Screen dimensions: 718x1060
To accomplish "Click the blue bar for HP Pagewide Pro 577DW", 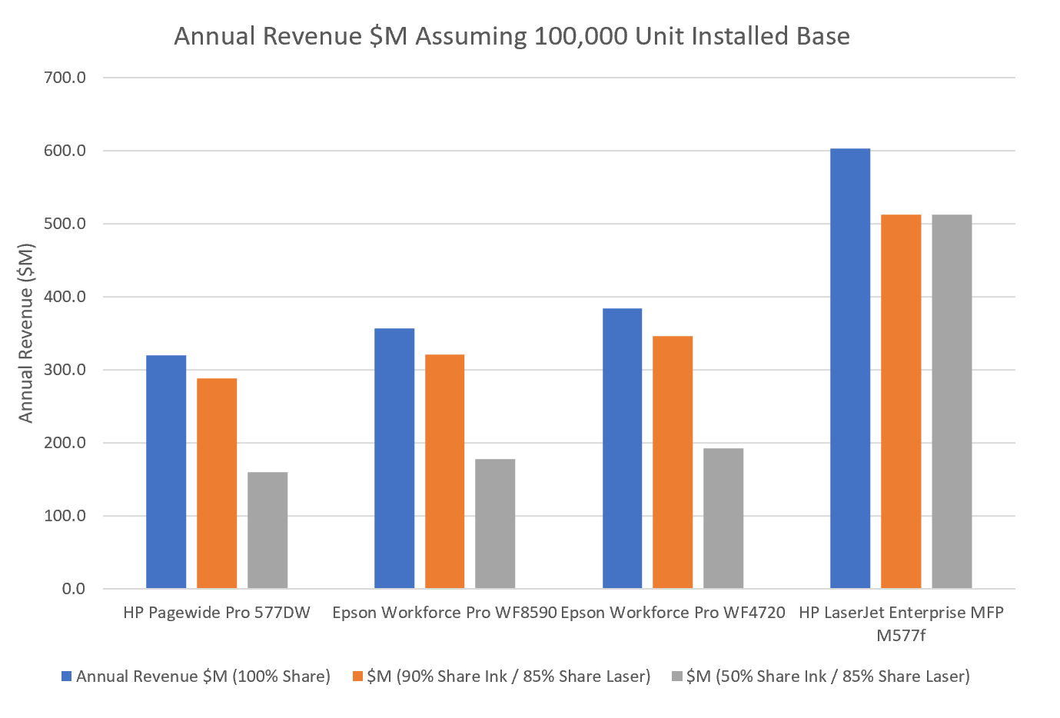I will coord(166,472).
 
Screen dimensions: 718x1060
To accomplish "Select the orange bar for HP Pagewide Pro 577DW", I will coord(217,484).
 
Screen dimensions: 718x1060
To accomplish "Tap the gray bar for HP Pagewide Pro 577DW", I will coord(267,530).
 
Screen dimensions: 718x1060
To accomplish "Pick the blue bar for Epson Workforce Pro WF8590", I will coord(394,458).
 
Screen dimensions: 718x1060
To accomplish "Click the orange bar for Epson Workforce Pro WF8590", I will coord(444,471).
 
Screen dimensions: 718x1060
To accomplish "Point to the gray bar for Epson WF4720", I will coord(723,518).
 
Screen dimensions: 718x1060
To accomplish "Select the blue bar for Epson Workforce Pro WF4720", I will coord(622,448).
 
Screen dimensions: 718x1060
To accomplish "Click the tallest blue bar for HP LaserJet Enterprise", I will coord(850,368).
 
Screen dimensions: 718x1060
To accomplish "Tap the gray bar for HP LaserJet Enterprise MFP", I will coord(952,401).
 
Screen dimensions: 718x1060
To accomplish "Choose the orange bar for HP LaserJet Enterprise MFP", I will coord(901,401).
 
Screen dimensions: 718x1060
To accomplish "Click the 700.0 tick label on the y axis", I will coord(65,78).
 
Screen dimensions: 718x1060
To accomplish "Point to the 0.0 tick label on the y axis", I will coord(74,589).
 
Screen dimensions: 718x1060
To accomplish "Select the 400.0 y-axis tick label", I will coord(65,297).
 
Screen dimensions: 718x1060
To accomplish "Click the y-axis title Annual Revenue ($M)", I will coord(26,333).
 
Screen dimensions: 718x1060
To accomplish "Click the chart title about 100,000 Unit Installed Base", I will coord(512,36).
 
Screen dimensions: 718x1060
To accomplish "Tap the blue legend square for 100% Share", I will coord(67,676).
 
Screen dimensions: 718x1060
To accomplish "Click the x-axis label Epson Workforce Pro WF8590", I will coord(444,613).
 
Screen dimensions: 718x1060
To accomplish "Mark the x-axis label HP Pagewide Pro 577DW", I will coord(217,613).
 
